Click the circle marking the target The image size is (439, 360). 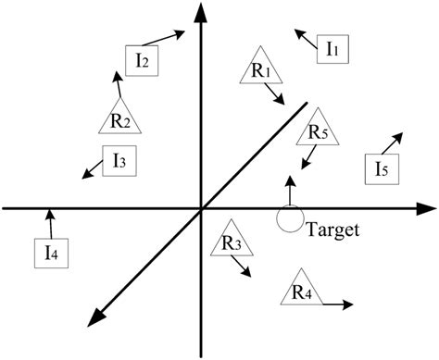coord(289,218)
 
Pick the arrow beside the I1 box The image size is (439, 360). coord(304,36)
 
